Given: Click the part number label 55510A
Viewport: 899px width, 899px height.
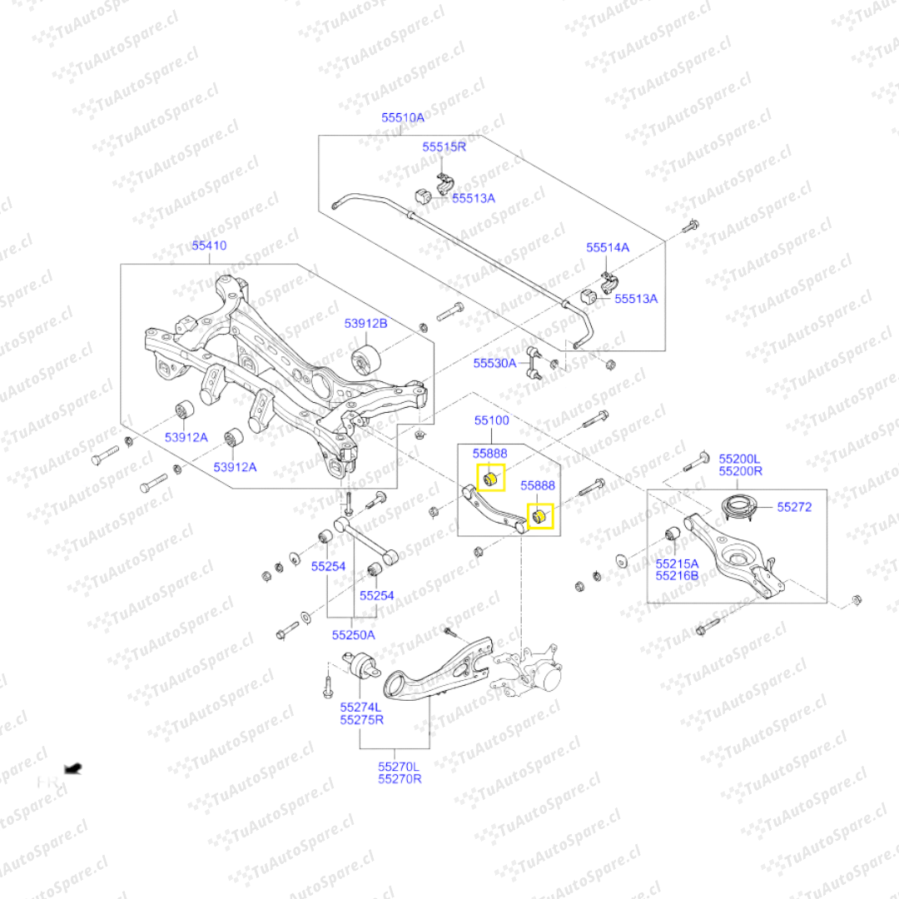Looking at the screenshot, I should point(403,118).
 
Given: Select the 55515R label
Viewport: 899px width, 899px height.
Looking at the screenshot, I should point(444,147).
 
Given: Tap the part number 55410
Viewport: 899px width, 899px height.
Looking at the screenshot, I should point(209,246).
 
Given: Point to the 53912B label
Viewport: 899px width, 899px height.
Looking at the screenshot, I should point(366,323).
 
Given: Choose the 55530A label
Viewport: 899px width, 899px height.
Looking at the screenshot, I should point(495,363).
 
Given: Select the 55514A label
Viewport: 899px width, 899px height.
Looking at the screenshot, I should point(608,247).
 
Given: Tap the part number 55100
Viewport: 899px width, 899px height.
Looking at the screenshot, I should point(492,420).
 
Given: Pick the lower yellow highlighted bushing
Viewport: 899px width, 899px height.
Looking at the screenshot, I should point(539,517).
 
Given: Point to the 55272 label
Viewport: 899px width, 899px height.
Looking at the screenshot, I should point(794,506).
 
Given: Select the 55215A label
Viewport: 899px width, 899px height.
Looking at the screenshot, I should point(677,564).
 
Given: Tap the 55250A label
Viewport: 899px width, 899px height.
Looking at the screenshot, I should point(353,634).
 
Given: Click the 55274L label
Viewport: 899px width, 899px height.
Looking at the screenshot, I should point(360,707).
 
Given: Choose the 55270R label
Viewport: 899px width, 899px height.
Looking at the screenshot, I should point(400,778).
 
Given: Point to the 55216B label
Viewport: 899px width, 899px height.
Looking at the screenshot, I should point(677,575).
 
